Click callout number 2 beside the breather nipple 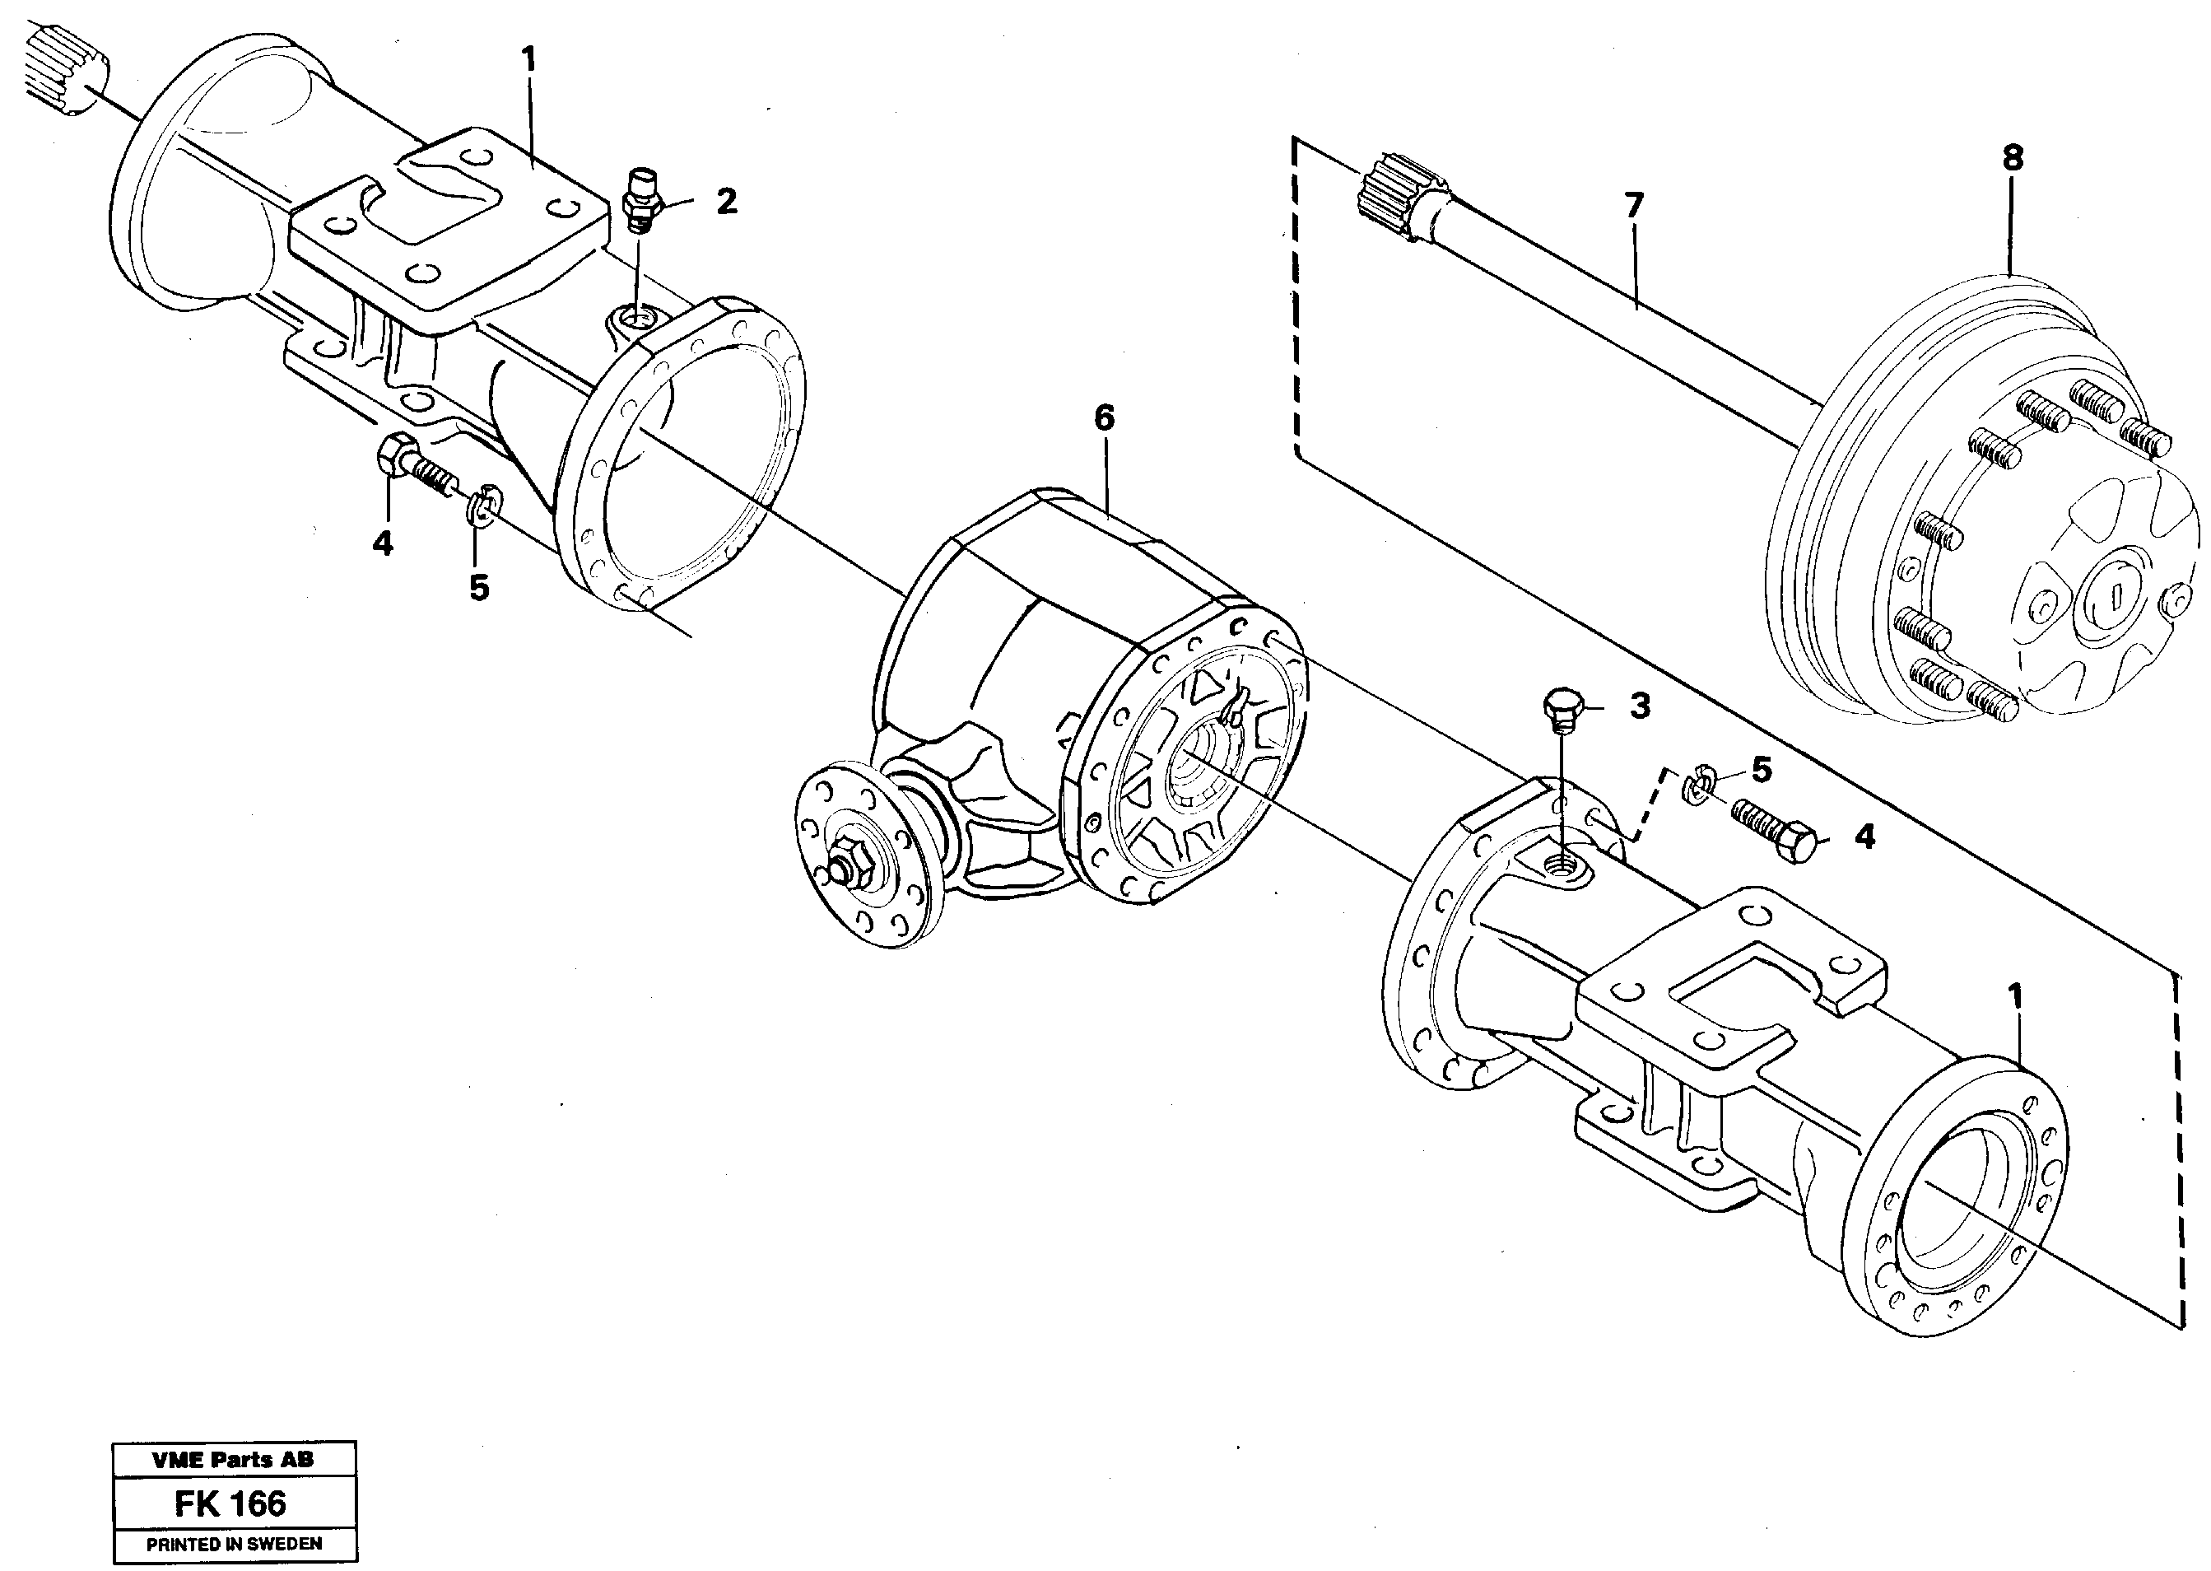[x=726, y=201]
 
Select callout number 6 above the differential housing [x=1104, y=418]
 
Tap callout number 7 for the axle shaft [x=1632, y=206]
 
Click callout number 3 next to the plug [x=1640, y=706]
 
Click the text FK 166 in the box [x=230, y=1503]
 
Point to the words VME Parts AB [x=233, y=1460]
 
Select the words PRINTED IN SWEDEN [x=234, y=1544]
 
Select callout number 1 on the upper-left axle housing [x=528, y=60]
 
